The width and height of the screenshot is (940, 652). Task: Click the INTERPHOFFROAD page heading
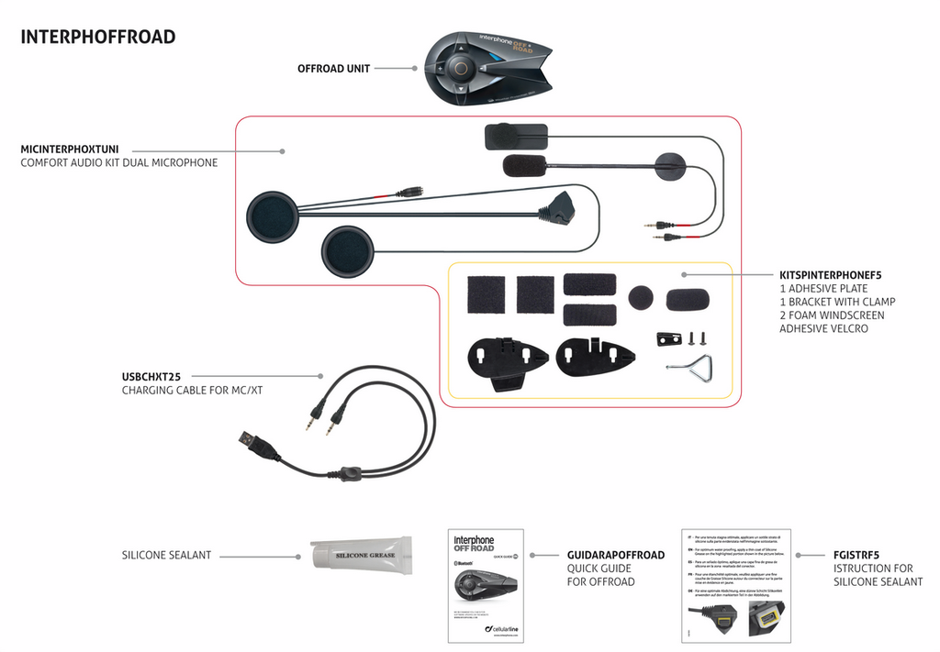point(97,38)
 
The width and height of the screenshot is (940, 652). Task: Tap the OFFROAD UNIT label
point(333,69)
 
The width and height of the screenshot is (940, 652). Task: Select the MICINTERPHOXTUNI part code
point(75,149)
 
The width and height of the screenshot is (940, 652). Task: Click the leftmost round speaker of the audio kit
point(273,217)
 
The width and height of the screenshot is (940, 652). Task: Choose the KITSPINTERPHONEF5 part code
point(830,274)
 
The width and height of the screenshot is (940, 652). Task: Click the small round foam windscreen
point(641,297)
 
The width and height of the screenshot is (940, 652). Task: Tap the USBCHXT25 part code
point(151,376)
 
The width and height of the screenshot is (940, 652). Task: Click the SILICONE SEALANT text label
point(166,556)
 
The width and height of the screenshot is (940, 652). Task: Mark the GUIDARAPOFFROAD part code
point(615,556)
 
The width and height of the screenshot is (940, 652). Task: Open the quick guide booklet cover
point(485,585)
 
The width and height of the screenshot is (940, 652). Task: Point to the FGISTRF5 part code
point(856,555)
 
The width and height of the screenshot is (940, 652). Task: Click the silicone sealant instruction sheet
point(737,584)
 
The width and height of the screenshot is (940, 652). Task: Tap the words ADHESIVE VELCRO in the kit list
point(822,328)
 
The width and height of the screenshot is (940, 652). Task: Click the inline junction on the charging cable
point(348,473)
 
